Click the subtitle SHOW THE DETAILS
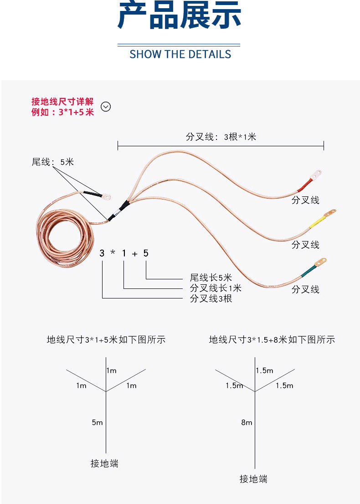coord(180,54)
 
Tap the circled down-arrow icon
coord(106,107)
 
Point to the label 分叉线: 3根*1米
coord(221,137)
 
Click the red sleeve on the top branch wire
coord(304,185)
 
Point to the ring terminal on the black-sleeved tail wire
coord(106,197)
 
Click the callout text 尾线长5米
coord(211,278)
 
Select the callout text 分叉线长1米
coord(216,288)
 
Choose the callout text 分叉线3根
coord(211,299)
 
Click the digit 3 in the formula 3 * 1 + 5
coord(102,253)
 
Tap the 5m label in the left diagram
coord(97,422)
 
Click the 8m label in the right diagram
coord(247,422)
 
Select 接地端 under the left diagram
coord(104,463)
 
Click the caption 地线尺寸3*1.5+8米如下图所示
coord(272,339)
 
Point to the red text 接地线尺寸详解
coord(62,102)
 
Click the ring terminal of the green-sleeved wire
coord(322,261)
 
